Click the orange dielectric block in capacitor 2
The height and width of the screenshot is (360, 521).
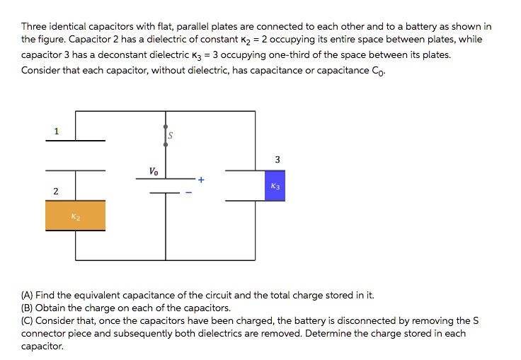click(x=75, y=216)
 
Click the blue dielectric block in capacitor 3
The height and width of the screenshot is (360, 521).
click(x=275, y=186)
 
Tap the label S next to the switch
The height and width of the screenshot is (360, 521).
click(x=171, y=135)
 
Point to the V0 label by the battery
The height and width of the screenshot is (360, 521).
click(x=154, y=171)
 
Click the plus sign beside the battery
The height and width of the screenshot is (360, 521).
click(x=201, y=180)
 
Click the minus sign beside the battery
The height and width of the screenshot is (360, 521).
click(x=188, y=192)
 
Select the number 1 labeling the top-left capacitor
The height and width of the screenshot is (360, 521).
click(x=57, y=130)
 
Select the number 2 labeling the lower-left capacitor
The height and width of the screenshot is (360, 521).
click(x=56, y=192)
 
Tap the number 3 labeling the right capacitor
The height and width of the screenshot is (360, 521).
click(x=277, y=160)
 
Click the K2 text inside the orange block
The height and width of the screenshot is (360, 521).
click(x=75, y=217)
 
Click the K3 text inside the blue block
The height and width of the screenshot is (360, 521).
click(x=275, y=187)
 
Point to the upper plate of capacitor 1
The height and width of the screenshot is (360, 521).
click(x=76, y=141)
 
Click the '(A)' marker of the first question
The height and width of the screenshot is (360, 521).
click(x=28, y=295)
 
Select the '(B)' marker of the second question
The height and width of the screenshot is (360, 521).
click(x=28, y=308)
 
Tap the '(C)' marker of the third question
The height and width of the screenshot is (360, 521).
click(x=28, y=320)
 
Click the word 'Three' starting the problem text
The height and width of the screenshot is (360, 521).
click(x=33, y=26)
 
